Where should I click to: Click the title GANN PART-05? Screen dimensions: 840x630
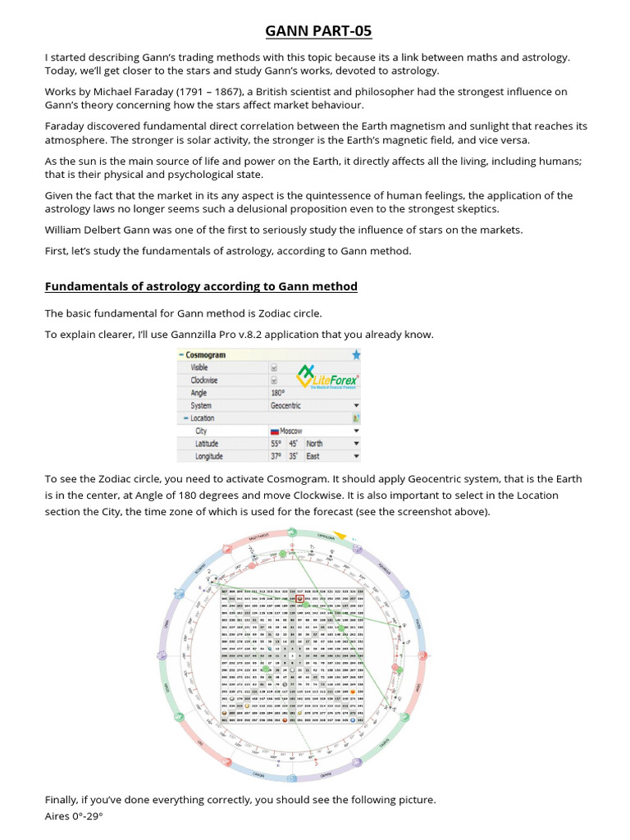point(318,31)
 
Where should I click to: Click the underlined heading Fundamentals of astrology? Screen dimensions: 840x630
point(201,286)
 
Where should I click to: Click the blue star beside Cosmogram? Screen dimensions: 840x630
point(355,355)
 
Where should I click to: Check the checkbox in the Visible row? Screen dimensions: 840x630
point(274,368)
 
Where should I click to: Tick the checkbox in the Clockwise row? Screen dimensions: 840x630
point(274,381)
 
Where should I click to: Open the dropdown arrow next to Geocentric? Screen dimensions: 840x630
point(356,405)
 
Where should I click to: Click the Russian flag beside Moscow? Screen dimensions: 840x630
point(275,431)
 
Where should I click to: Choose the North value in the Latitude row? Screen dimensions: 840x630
point(314,443)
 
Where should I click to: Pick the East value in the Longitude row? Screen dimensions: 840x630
point(313,455)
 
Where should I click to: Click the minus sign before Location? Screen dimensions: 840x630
point(186,418)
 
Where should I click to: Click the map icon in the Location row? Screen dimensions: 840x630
point(356,418)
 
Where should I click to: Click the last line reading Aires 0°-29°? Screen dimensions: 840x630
point(75,817)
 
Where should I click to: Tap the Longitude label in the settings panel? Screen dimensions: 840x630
point(209,455)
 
